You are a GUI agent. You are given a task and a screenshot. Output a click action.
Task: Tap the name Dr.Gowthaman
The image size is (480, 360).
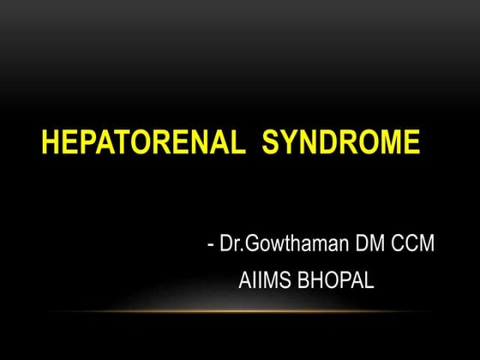tap(282, 244)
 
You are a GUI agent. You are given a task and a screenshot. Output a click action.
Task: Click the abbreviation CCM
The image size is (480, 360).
tap(413, 244)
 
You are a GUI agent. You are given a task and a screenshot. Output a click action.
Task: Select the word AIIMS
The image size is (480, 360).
tap(263, 280)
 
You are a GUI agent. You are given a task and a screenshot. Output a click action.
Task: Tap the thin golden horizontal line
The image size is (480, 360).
tap(257, 311)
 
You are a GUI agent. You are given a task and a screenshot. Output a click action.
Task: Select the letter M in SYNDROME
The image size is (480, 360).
tap(387, 142)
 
